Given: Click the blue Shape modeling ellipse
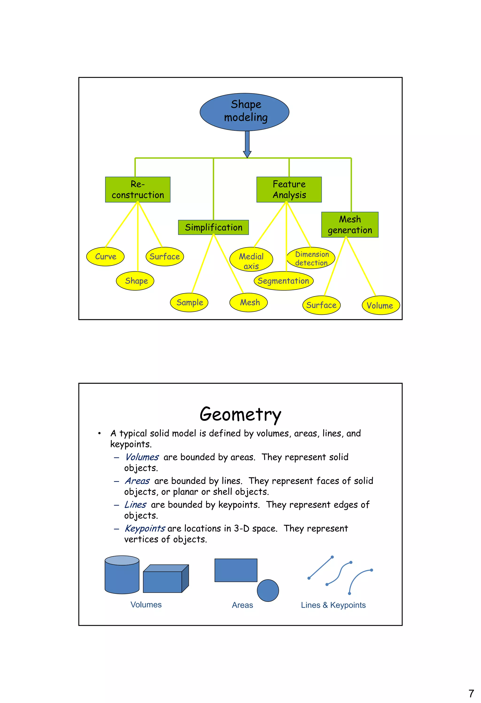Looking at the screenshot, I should (x=244, y=112).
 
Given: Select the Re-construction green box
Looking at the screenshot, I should (x=138, y=190).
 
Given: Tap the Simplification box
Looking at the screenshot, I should (x=213, y=227).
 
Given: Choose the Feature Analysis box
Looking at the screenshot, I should (x=289, y=190).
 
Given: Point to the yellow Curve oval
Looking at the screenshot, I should (x=105, y=257).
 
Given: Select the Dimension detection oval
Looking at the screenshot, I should (x=311, y=258).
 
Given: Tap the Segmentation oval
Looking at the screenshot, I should (x=283, y=281).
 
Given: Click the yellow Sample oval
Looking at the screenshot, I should (x=189, y=303).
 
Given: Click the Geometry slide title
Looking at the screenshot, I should (x=240, y=415).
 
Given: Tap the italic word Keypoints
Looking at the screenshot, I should (x=145, y=528).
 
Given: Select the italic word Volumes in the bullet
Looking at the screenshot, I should (x=142, y=457).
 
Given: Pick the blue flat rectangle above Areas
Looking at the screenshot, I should (x=236, y=570).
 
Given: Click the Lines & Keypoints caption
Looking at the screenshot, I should (x=333, y=605).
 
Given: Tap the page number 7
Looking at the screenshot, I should (x=471, y=693).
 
